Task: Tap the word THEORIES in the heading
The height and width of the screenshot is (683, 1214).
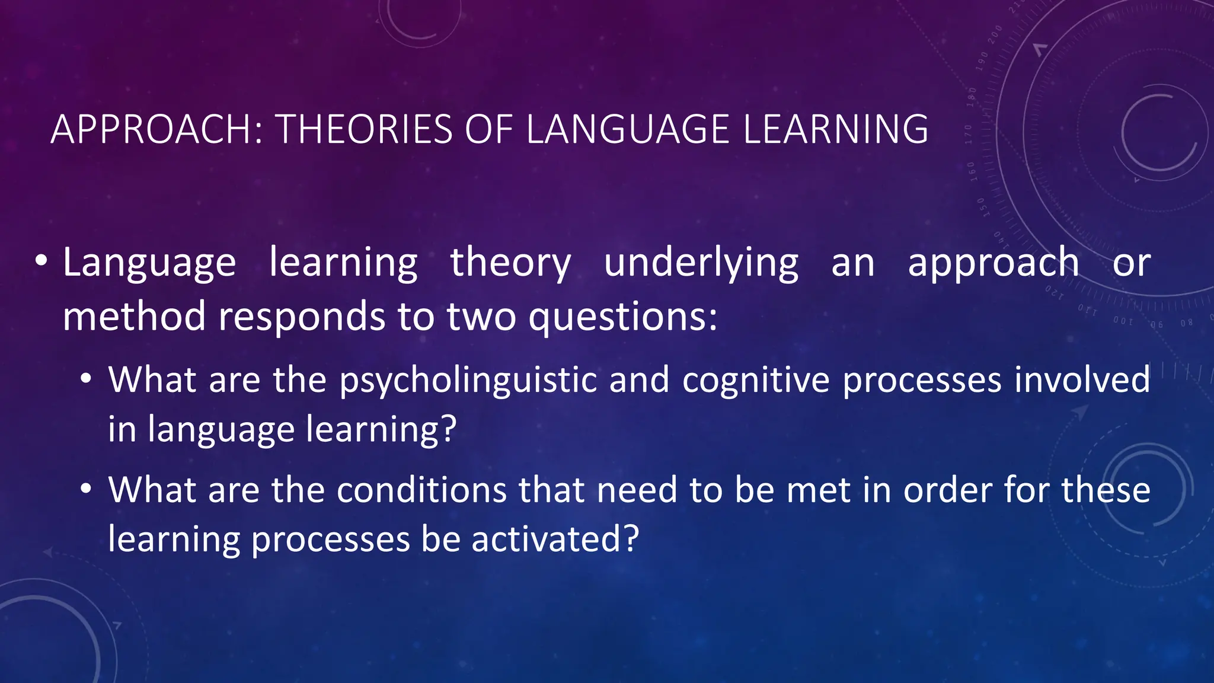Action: pyautogui.click(x=364, y=129)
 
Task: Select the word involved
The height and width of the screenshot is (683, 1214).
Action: pyautogui.click(x=1082, y=379)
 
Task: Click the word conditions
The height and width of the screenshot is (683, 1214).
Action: pyautogui.click(x=421, y=490)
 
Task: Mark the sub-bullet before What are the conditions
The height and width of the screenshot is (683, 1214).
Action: pyautogui.click(x=87, y=490)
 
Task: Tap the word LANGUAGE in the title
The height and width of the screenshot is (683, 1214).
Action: pyautogui.click(x=627, y=129)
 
